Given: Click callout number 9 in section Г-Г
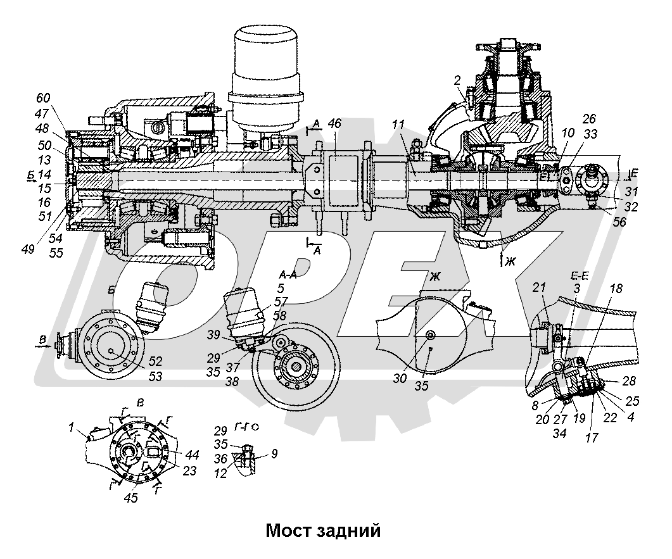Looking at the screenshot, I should point(274,453).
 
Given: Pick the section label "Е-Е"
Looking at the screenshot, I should point(574,277).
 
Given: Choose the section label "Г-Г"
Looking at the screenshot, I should point(240,427).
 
